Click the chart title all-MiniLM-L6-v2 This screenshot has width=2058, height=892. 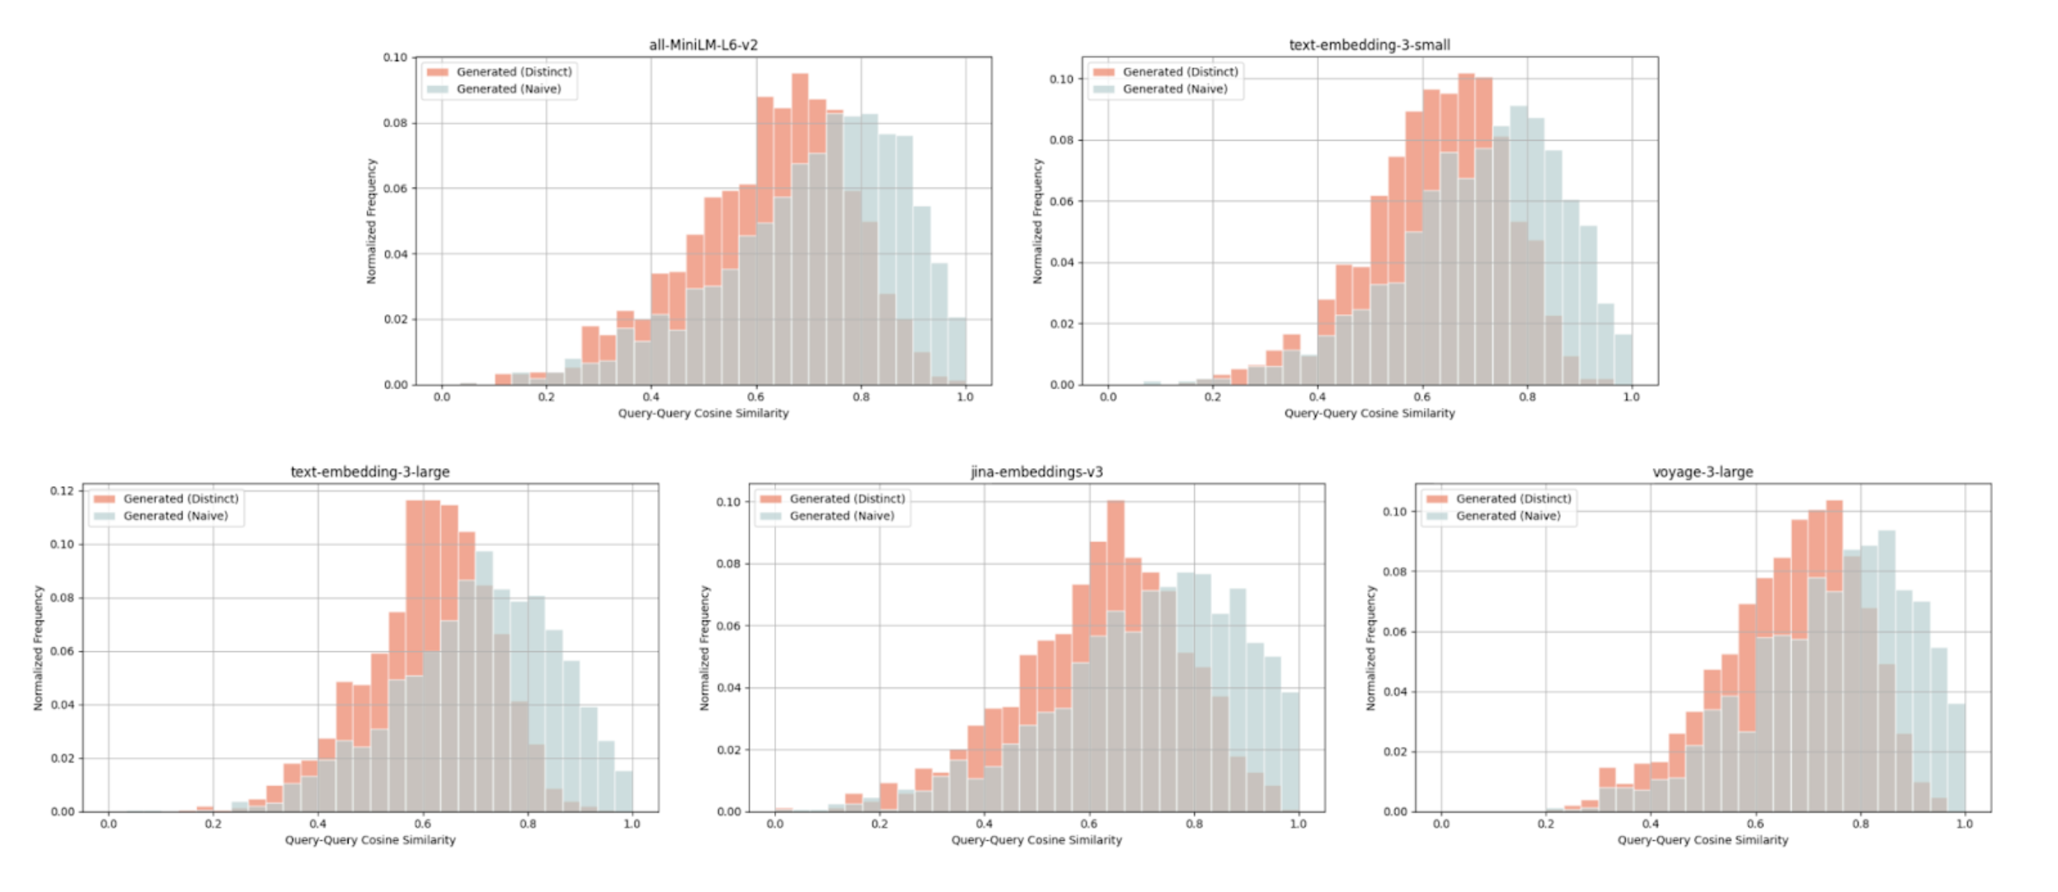702,45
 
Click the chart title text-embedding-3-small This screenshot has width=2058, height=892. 1369,45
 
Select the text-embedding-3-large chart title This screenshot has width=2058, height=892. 369,472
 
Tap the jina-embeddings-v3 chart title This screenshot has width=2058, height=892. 1036,472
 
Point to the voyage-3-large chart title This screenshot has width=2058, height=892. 1702,472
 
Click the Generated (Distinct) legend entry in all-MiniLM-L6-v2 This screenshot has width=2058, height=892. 513,72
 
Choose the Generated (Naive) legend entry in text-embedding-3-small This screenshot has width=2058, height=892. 1174,89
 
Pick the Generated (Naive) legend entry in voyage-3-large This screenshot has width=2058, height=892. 1507,516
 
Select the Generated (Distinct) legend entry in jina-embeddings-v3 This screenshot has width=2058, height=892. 846,499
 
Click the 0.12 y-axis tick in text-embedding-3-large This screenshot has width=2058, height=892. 62,491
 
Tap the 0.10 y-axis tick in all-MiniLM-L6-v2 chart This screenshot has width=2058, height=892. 395,58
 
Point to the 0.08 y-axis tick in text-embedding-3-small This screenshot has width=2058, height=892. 1061,140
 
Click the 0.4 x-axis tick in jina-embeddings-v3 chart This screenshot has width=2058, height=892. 984,824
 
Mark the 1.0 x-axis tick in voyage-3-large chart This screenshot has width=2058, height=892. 1964,824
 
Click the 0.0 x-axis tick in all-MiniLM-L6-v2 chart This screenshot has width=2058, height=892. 442,397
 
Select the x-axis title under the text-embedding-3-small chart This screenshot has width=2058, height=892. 1369,413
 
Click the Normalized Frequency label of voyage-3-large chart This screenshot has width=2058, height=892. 1370,648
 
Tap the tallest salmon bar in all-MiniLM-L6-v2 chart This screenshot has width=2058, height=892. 800,231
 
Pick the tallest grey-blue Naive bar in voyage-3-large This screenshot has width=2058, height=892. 1886,671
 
